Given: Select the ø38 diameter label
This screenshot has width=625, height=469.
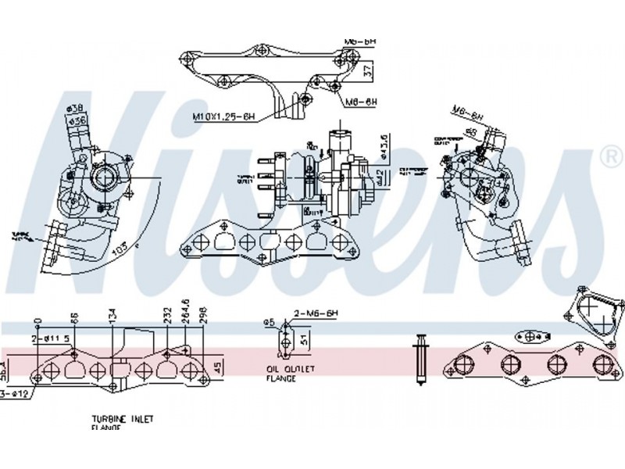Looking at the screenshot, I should click(76, 107).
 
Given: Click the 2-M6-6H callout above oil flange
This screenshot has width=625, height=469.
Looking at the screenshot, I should click(316, 313).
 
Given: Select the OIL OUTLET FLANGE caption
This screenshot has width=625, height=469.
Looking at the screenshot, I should click(281, 373).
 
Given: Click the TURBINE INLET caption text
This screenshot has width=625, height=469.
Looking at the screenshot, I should click(122, 420).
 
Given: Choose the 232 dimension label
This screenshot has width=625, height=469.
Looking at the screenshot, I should click(166, 315).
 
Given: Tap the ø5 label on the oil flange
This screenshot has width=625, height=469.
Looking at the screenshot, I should click(268, 322).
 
